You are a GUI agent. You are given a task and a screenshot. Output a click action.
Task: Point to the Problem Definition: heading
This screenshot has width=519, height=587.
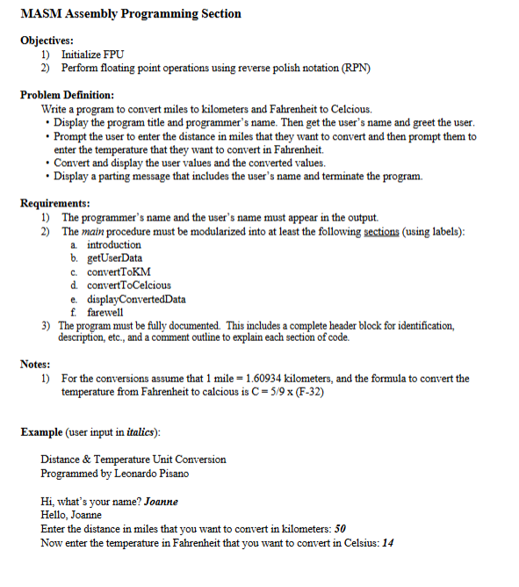[x=68, y=95]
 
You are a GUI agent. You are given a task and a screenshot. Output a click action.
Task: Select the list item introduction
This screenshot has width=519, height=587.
[x=114, y=245]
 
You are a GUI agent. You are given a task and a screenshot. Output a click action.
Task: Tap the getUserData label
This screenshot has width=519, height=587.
[x=115, y=258]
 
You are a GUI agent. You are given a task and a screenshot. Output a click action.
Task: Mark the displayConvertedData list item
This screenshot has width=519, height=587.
[x=136, y=299]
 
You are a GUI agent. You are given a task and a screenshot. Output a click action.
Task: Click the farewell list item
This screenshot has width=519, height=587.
[x=105, y=312]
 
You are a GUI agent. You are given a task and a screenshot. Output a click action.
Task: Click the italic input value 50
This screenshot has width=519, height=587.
[x=341, y=528]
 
